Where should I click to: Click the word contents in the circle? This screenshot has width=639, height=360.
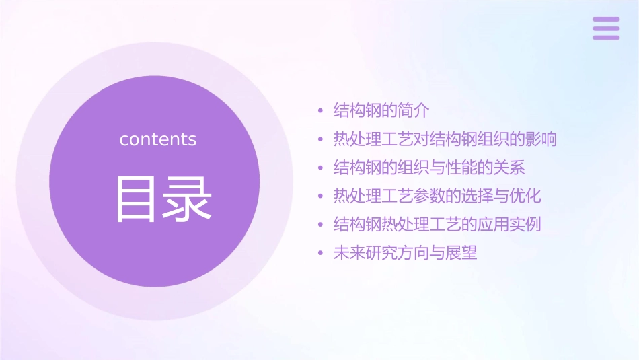158,139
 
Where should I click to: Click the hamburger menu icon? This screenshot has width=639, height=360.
606,28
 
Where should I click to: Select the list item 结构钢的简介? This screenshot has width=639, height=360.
381,110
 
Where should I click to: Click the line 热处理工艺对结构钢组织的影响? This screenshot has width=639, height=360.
445,139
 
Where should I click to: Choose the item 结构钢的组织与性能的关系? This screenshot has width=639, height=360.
429,168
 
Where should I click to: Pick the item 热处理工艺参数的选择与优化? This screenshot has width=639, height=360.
437,196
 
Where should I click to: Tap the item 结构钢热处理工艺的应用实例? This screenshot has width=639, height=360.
437,225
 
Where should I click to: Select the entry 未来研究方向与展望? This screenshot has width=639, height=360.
405,254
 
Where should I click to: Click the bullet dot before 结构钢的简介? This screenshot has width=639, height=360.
320,111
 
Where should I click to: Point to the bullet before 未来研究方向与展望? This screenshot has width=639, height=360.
320,254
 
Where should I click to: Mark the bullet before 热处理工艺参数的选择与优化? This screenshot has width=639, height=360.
320,197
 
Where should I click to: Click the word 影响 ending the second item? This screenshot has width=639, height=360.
541,139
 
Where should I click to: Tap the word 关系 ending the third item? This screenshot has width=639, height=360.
509,168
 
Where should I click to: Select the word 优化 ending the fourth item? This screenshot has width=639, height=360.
525,196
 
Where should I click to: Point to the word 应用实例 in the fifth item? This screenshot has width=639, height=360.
509,225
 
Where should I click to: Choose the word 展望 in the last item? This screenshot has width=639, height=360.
461,254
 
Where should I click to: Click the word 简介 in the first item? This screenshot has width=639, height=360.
414,110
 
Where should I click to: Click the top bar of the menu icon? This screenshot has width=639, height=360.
606,20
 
